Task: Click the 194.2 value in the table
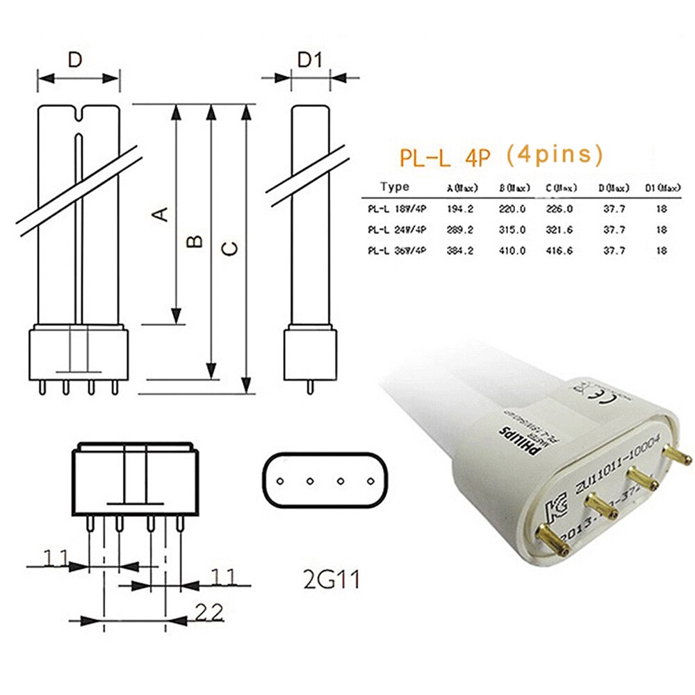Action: click(x=459, y=208)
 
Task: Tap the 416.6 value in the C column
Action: click(x=559, y=251)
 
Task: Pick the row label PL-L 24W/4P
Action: click(x=398, y=229)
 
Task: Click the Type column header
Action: click(x=395, y=187)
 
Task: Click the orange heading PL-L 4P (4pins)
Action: click(x=501, y=156)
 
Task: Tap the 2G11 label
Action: click(x=327, y=579)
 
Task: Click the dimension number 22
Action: click(x=208, y=612)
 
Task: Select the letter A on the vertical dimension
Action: click(x=161, y=213)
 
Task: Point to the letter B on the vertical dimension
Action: click(x=197, y=240)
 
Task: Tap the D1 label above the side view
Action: click(x=310, y=60)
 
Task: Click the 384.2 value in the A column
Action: click(x=459, y=251)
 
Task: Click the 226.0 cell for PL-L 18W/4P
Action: click(x=559, y=208)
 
